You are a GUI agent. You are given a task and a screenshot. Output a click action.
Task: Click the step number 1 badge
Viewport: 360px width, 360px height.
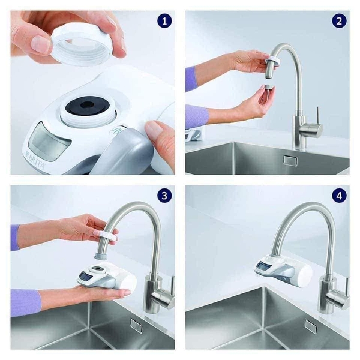164,21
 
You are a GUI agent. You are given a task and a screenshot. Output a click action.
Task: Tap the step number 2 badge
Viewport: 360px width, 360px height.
339,21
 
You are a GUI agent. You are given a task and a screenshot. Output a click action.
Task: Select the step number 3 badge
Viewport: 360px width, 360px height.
164,196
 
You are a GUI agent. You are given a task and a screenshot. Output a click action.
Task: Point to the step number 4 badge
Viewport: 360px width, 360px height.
339,196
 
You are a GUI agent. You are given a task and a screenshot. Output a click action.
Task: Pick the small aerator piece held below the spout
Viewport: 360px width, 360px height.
268,88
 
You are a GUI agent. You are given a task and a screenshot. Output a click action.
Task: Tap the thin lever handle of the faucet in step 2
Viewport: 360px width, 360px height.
317,115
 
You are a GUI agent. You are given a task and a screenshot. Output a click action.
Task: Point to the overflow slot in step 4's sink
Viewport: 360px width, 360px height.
311,328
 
